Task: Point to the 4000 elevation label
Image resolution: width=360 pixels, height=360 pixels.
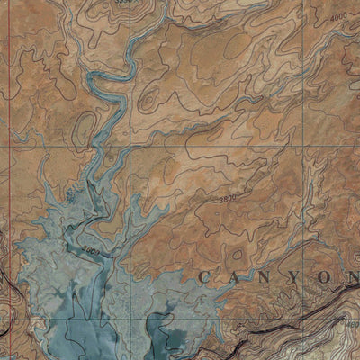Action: (x=338, y=18)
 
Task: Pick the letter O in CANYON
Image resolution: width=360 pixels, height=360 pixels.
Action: (x=321, y=276)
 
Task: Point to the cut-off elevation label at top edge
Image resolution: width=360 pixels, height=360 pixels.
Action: (x=125, y=3)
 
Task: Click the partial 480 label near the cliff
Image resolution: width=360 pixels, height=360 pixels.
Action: (x=353, y=324)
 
